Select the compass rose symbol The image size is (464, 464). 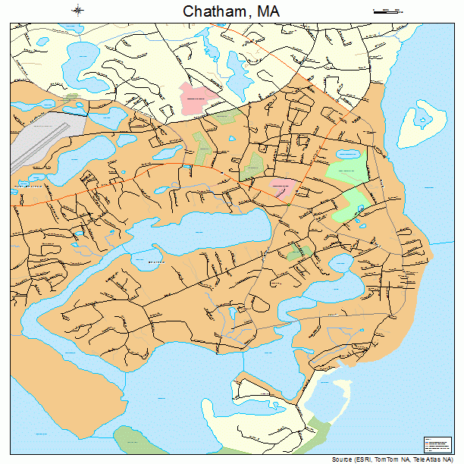pos(78,10)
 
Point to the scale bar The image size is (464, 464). pos(387,11)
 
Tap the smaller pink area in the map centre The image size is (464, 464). pos(283,187)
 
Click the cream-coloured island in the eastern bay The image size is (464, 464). pos(421,125)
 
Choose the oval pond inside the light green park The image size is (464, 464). pos(350,155)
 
